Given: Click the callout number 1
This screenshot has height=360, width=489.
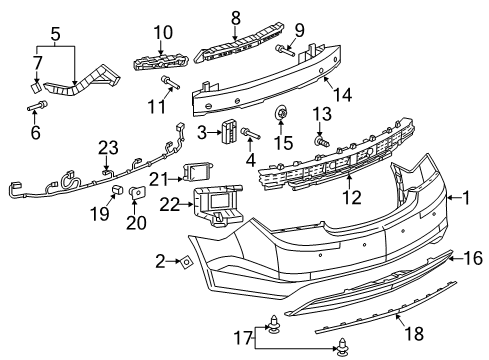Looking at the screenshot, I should click(465, 197).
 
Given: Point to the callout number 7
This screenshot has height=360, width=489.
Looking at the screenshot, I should click(37, 64).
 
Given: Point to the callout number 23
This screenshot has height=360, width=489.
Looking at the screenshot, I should click(108, 148).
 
